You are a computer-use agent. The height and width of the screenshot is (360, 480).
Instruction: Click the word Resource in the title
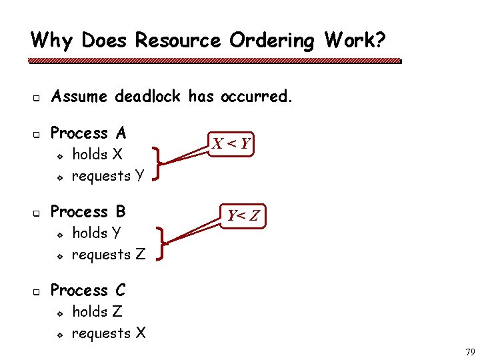[x=177, y=41]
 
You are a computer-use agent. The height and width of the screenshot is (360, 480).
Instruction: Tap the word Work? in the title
[x=355, y=41]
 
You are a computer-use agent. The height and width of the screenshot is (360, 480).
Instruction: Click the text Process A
[x=88, y=133]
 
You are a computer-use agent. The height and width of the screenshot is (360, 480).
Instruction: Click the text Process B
[x=88, y=212]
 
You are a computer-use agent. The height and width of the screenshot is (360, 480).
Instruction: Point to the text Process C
[x=88, y=291]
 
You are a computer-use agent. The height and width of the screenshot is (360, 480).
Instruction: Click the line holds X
[x=97, y=154]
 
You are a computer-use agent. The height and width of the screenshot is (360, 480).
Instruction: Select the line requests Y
[x=108, y=176]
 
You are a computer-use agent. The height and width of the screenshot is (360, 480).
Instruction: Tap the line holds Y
[x=97, y=233]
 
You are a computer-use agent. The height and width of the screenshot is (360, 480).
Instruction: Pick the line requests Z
[x=108, y=255]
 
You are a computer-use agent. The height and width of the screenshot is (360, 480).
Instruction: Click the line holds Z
[x=97, y=311]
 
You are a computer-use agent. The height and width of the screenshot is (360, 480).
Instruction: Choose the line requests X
[x=108, y=333]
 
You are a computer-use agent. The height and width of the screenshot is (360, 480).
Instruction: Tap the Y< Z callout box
[x=244, y=215]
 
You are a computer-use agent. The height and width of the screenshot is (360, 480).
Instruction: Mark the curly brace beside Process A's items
[x=158, y=164]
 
